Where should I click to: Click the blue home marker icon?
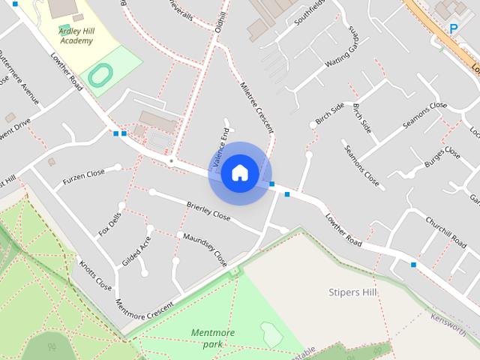(240, 173)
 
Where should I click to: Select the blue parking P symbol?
(454, 28)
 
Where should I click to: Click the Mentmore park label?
(212, 338)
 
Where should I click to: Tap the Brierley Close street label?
(208, 211)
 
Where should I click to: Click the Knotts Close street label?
(95, 275)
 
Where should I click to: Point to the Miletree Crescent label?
(257, 107)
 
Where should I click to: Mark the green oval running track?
(100, 73)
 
